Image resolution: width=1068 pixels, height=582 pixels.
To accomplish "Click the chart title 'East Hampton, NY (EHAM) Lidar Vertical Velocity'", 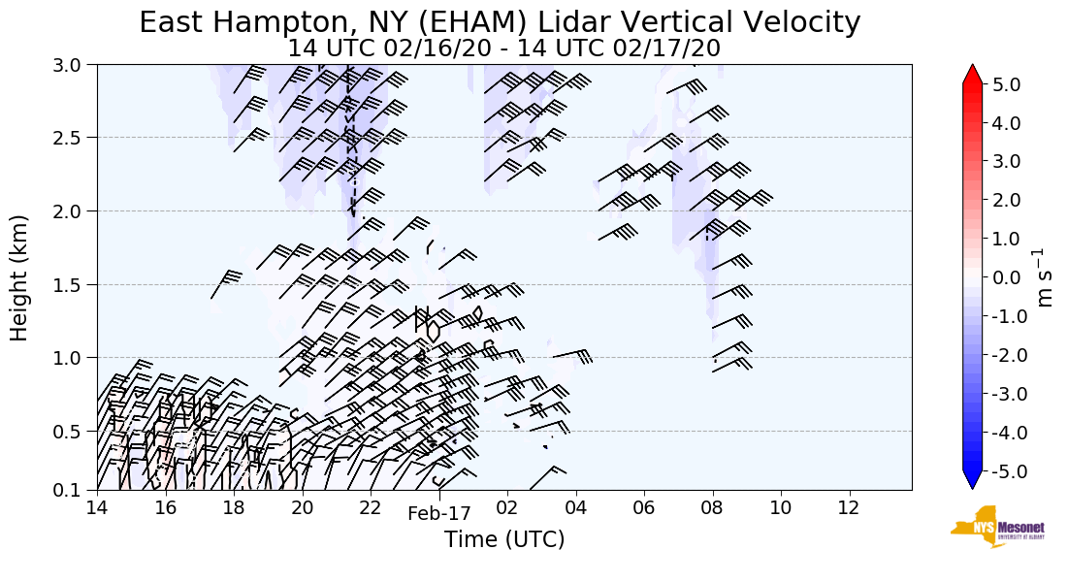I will coord(500,22).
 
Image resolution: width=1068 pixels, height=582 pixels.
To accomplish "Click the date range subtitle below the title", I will coord(503,48).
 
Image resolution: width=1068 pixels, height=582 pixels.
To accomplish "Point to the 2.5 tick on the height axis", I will coord(77,138).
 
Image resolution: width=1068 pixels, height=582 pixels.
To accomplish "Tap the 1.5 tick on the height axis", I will coord(77,285).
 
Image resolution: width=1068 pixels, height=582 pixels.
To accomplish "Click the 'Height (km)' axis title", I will coord(20,277).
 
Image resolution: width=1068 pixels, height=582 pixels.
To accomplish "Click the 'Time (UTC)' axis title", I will coord(503,539).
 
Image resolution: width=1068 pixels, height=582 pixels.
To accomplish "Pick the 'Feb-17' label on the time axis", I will coord(438,514).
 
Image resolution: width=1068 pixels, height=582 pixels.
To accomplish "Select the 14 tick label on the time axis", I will coord(97,507).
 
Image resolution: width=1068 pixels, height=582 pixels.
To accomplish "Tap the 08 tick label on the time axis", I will coord(713,507).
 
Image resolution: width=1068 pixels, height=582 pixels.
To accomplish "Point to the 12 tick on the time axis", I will coord(850,507).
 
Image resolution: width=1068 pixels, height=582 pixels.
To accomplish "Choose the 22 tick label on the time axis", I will coord(371,507).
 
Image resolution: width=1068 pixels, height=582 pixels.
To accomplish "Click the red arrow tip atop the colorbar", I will coord(972,74).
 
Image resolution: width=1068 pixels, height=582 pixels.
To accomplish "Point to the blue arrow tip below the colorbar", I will coord(972,482).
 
